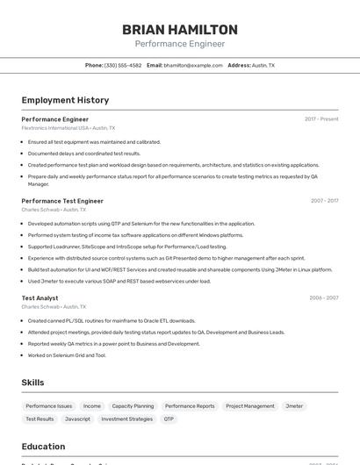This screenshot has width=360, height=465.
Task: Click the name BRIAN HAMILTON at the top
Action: (x=179, y=30)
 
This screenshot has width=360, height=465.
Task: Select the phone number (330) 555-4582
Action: (x=123, y=66)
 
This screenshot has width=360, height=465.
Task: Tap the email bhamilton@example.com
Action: (x=193, y=66)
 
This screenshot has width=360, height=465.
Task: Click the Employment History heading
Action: (x=65, y=100)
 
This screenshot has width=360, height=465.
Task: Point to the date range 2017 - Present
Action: (x=321, y=119)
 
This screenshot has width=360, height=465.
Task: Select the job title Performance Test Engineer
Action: (x=62, y=201)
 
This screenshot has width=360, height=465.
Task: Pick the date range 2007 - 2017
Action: (x=324, y=201)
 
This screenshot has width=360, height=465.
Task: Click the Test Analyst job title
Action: (x=40, y=298)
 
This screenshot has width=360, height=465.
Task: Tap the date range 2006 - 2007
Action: (x=324, y=298)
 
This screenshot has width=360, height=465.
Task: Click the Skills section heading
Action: (x=32, y=383)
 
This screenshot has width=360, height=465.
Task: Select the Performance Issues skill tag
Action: (x=49, y=406)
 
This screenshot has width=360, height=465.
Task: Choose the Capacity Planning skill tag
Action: (x=133, y=406)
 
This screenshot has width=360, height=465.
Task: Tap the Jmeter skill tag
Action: (x=294, y=406)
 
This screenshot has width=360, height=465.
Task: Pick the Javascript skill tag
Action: (x=77, y=419)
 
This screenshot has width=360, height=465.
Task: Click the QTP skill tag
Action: (x=169, y=419)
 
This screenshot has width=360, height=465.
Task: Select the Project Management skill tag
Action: (x=250, y=406)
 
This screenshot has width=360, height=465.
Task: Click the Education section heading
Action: (x=43, y=447)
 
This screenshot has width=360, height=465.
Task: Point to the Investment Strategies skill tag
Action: (x=127, y=419)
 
